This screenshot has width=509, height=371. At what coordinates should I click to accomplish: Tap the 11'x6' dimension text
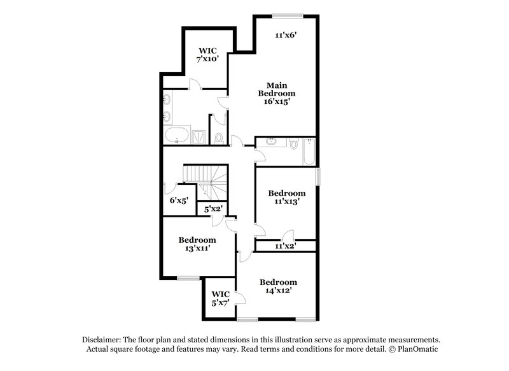(x=286, y=36)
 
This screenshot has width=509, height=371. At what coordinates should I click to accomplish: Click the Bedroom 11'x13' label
(x=286, y=197)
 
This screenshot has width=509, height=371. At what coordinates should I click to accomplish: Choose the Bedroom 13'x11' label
(x=197, y=244)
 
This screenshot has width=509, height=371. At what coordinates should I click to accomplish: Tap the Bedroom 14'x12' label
(x=278, y=286)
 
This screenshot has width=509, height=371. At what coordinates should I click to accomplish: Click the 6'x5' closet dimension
(x=178, y=200)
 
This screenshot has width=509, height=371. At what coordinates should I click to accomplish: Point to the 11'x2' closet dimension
(x=285, y=245)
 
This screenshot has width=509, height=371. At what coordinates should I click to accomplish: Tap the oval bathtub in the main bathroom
(x=176, y=136)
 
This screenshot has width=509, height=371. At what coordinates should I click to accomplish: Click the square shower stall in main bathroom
(x=199, y=136)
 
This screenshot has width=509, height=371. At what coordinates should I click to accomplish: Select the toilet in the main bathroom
(x=220, y=136)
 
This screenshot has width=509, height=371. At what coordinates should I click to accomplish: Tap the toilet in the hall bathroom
(x=293, y=144)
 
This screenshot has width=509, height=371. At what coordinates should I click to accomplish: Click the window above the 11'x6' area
(x=286, y=15)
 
